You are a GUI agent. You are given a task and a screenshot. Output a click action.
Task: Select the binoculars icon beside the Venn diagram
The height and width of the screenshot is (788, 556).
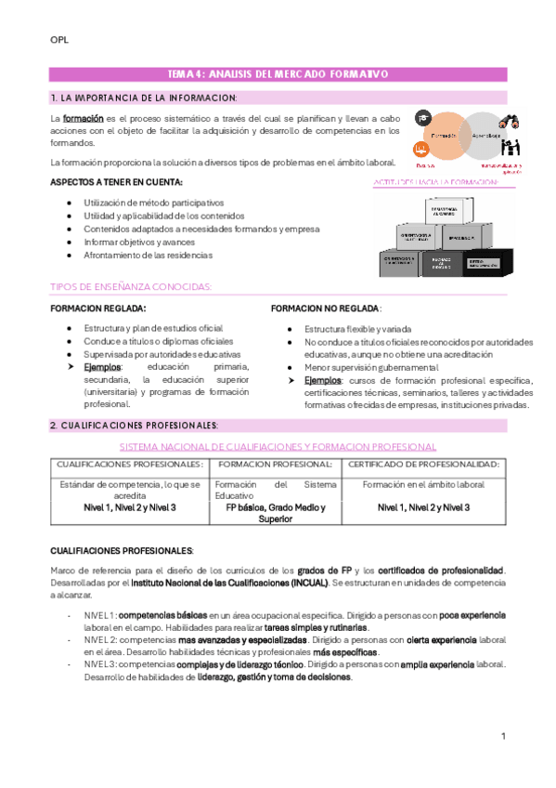click(509, 121)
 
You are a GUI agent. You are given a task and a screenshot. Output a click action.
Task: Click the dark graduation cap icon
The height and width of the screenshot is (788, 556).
click(423, 118)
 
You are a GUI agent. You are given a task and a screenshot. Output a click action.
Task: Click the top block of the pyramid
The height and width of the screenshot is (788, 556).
click(447, 211)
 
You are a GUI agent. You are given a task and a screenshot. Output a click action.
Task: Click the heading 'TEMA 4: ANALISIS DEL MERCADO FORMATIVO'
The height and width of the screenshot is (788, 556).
click(278, 73)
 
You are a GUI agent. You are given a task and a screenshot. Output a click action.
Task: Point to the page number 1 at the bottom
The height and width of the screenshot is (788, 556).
click(502, 736)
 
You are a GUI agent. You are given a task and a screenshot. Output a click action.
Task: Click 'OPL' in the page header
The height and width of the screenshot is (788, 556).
click(58, 40)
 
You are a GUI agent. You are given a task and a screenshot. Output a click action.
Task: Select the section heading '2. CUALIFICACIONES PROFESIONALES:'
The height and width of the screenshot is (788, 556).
click(135, 426)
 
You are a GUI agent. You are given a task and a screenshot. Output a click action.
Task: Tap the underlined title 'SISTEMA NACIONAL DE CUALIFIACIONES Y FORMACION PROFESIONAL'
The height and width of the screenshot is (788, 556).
click(278, 446)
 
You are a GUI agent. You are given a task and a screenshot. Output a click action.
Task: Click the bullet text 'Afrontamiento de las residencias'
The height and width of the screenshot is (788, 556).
click(148, 255)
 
